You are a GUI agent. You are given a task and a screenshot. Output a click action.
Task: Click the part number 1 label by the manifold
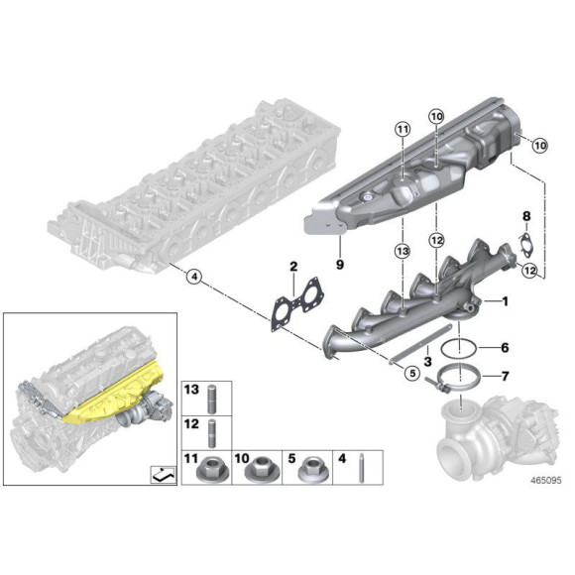[x=505, y=301]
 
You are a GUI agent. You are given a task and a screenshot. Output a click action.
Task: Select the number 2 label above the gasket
[x=293, y=267]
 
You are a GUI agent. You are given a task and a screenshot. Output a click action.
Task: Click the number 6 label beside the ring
[x=505, y=348]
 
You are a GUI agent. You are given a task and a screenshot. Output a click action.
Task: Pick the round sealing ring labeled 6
[x=457, y=349]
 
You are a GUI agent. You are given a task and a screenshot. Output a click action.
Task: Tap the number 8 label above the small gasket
[x=527, y=215]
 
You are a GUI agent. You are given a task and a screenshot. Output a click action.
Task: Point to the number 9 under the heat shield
[x=338, y=266]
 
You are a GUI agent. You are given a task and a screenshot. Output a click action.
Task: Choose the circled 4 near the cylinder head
[x=194, y=278]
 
